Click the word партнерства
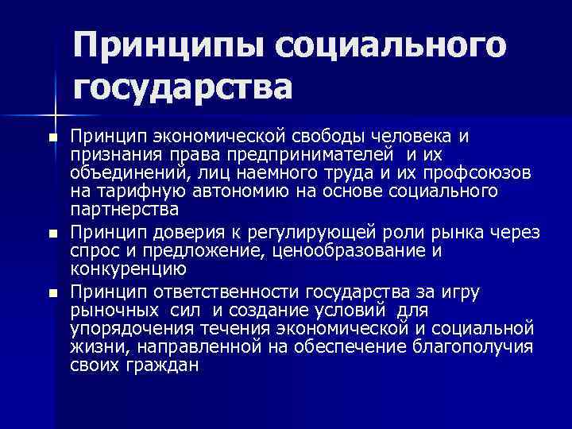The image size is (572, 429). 124,211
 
